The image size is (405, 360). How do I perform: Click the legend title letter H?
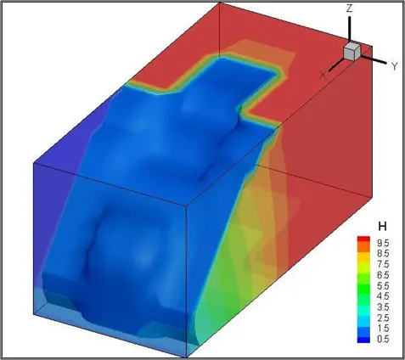coord(382,226)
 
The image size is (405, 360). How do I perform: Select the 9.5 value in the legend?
coord(383,243)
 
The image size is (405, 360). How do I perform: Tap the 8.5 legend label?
coord(383,254)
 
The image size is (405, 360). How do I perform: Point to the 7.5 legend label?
coord(383,264)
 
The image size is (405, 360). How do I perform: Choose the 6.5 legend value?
coord(383,275)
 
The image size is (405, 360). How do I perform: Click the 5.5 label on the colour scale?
coord(383,286)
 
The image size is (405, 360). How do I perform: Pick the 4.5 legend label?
coord(383,296)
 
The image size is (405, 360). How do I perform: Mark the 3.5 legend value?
coord(383,307)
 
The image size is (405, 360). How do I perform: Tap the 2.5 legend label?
coord(383,318)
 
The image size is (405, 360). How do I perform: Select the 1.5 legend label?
coord(383,329)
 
